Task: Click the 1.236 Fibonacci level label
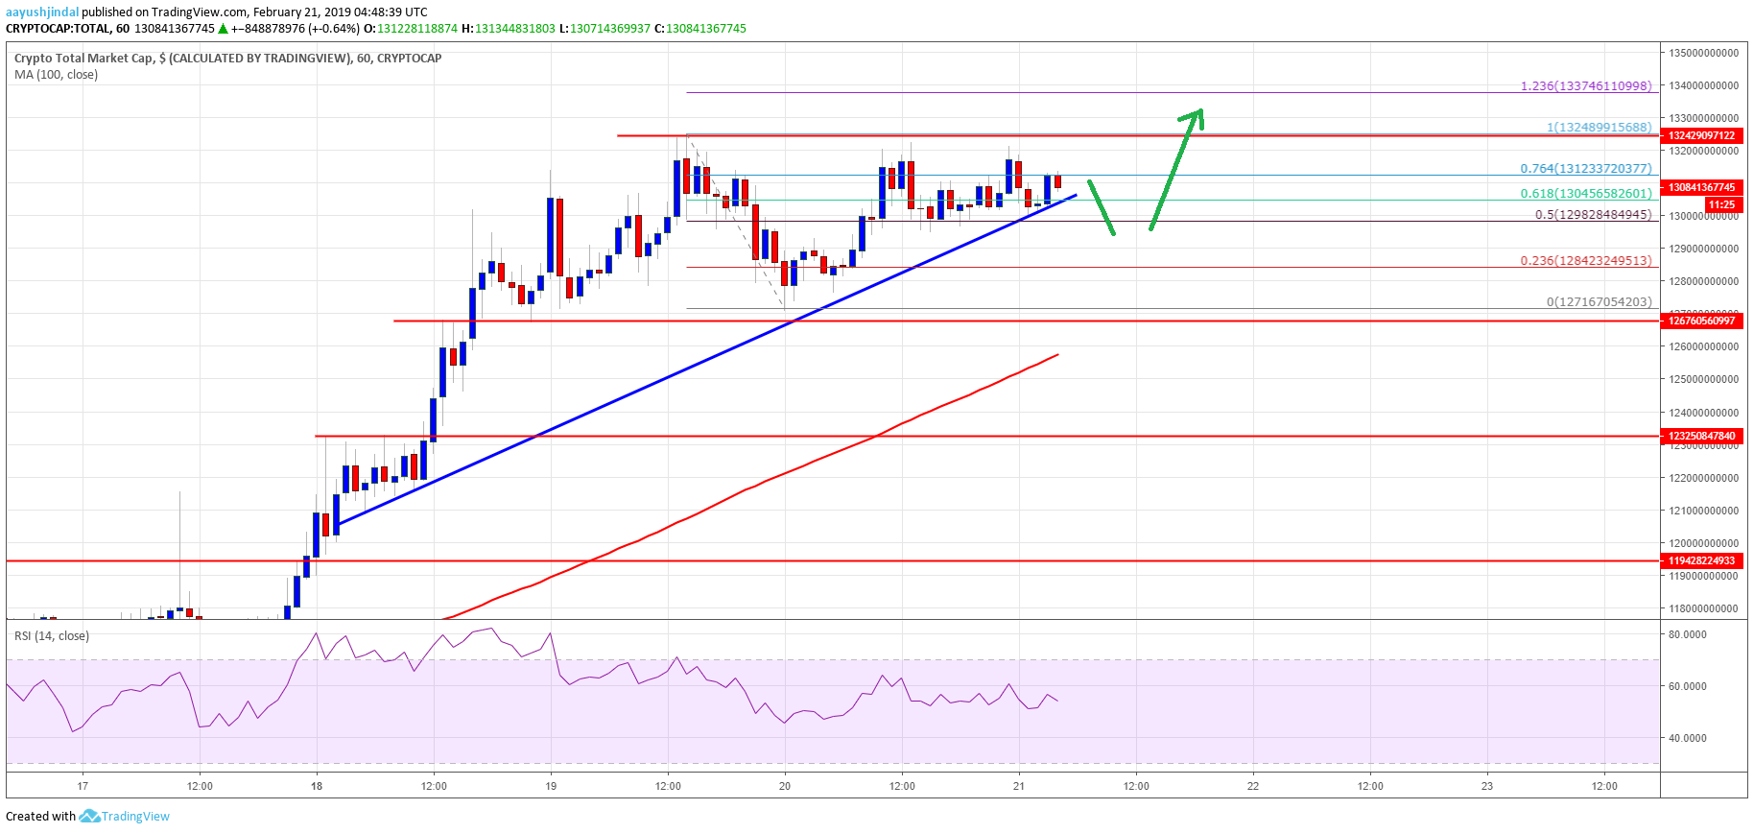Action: point(1586,86)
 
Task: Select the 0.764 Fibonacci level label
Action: point(1586,169)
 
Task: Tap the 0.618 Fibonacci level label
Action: point(1586,194)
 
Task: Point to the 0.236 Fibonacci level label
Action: point(1586,261)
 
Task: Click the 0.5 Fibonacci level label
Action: point(1593,215)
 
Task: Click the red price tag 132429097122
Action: point(1701,136)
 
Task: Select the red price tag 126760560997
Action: point(1701,321)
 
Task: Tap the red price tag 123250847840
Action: point(1701,436)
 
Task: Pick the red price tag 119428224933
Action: point(1701,560)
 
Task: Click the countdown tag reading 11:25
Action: point(1721,204)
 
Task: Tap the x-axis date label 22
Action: point(1252,786)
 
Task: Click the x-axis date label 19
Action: point(551,786)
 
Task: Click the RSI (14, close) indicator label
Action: point(52,636)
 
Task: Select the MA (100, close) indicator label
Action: point(56,75)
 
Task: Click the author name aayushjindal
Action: point(42,12)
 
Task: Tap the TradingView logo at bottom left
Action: point(124,817)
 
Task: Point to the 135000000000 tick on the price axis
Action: point(1703,53)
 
